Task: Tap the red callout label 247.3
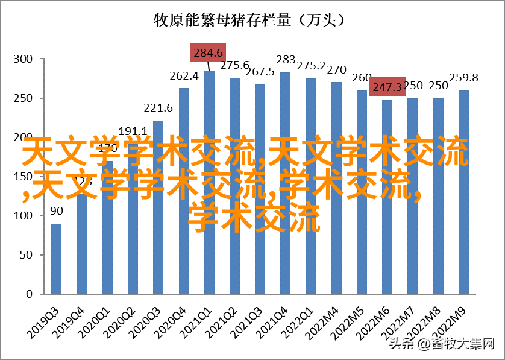click(387, 87)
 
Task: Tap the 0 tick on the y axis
click(28, 294)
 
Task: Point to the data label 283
click(286, 60)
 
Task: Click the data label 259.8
click(463, 77)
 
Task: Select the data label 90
click(56, 211)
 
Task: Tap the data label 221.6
click(158, 108)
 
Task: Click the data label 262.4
click(184, 76)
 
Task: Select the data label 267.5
click(260, 72)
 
